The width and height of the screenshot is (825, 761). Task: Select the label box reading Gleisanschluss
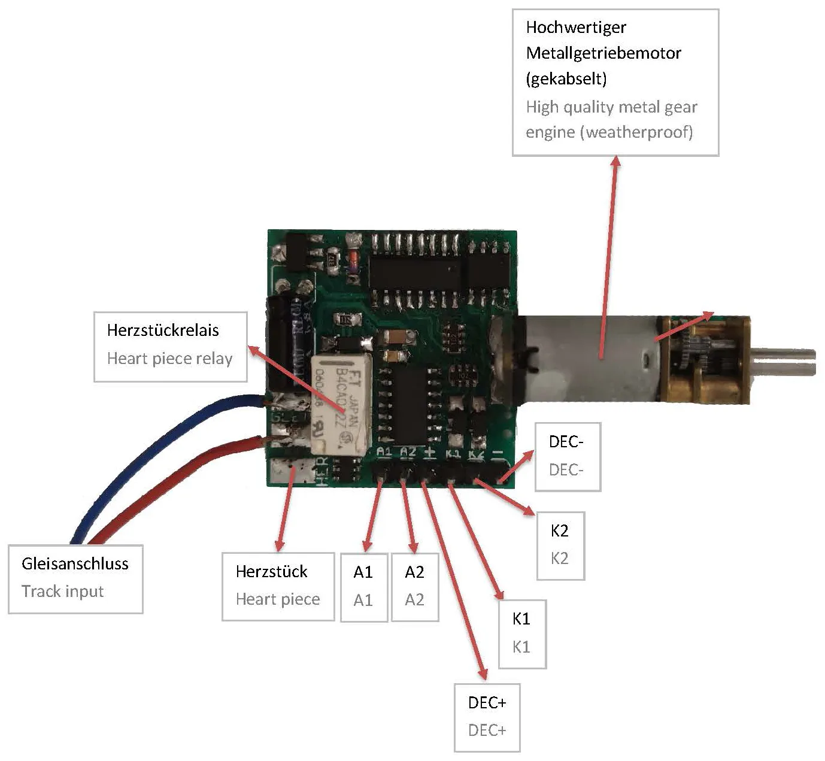[75, 578]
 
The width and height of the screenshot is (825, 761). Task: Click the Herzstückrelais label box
[170, 346]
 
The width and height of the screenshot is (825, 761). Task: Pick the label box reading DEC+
[487, 717]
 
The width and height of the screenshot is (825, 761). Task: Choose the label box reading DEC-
[567, 456]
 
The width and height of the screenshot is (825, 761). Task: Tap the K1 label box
[521, 633]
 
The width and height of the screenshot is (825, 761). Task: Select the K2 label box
[560, 545]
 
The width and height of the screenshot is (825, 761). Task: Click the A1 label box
[363, 586]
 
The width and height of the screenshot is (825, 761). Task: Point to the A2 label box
[414, 586]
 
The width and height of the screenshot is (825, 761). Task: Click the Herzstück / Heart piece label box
[278, 586]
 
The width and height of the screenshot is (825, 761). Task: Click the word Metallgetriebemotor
[603, 53]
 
